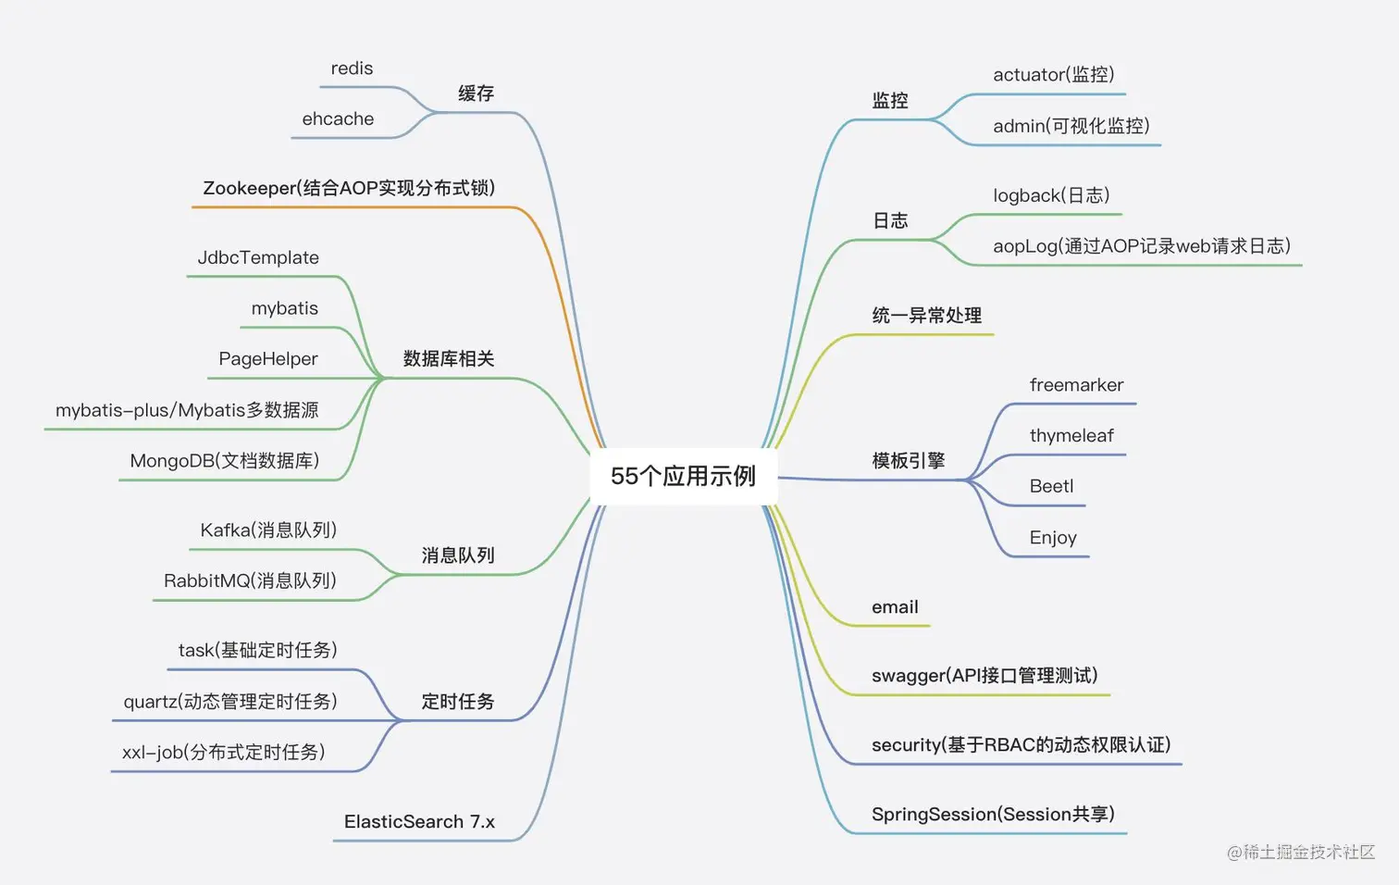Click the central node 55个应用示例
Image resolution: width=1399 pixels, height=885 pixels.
click(683, 476)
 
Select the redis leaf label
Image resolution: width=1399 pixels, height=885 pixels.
click(352, 69)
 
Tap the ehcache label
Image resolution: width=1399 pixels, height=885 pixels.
click(338, 119)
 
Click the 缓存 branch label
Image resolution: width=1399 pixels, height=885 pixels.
click(476, 93)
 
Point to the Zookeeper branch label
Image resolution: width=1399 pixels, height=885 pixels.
click(349, 188)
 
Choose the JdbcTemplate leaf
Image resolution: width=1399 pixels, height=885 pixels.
click(258, 257)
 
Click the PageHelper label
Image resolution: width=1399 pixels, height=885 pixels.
click(267, 359)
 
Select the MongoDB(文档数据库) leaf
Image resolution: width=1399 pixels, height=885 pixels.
click(224, 461)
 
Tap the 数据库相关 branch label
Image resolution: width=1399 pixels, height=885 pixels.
click(449, 359)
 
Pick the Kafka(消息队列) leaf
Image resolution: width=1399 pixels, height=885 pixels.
click(268, 530)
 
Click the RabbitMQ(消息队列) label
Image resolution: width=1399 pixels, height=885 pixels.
click(250, 581)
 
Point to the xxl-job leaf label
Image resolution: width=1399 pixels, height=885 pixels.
click(224, 753)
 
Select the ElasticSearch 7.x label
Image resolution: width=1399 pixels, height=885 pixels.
click(419, 822)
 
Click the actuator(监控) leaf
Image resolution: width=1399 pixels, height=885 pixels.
click(1053, 75)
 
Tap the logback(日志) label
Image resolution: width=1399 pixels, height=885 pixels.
click(1051, 195)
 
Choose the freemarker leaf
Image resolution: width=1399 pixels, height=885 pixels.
click(1076, 385)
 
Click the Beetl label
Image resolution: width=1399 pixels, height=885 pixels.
click(1051, 487)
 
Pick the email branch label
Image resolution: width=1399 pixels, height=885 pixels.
click(895, 607)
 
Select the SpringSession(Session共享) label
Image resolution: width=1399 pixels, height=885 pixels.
click(993, 815)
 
